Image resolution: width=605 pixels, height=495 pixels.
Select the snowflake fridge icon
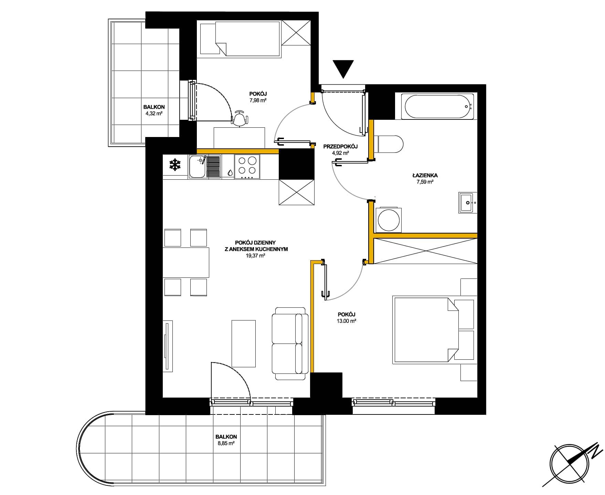[x=175, y=165]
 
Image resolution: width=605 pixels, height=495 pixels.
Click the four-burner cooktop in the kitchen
[x=247, y=167]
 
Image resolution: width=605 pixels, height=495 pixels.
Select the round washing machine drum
[x=389, y=219]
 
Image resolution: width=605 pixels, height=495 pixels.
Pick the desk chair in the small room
[x=240, y=118]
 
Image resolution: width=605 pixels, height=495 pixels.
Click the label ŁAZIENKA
[x=425, y=175]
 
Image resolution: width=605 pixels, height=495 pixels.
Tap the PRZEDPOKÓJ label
[x=340, y=147]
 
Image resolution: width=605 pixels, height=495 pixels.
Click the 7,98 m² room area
[x=258, y=100]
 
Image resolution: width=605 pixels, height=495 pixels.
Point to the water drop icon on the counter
[x=230, y=172]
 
